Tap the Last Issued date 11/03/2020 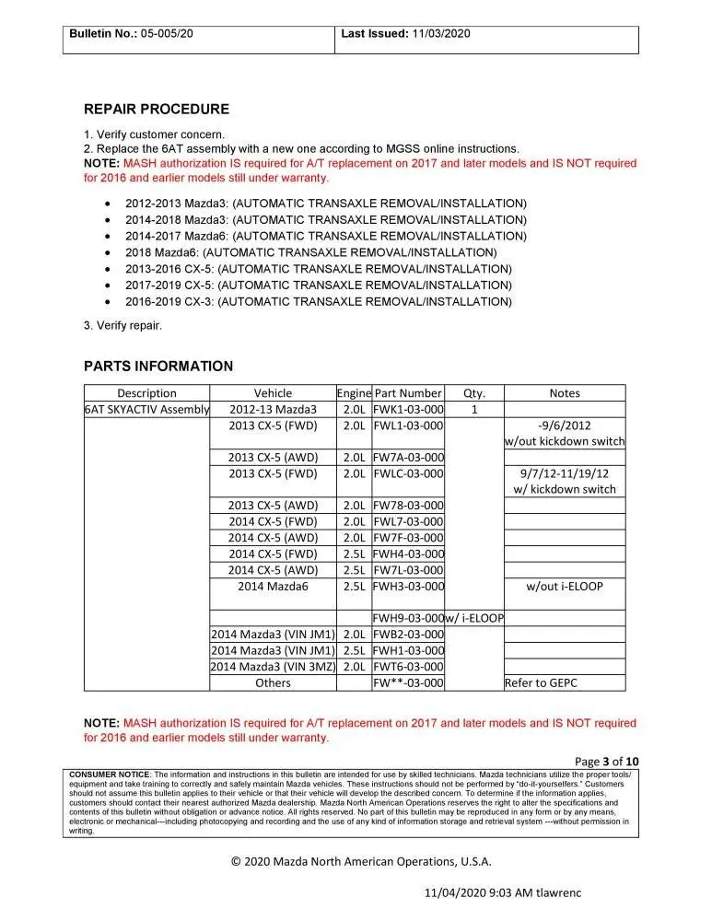click(440, 33)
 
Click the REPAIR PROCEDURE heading click(157, 110)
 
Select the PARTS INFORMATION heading click(158, 367)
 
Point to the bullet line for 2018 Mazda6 click(311, 252)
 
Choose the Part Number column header click(408, 393)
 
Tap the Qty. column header click(473, 393)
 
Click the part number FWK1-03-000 click(408, 410)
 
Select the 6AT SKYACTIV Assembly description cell click(146, 410)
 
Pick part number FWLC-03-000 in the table click(408, 474)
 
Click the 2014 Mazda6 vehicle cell click(273, 586)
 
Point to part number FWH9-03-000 click(408, 618)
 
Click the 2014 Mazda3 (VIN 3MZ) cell click(273, 667)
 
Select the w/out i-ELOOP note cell click(564, 586)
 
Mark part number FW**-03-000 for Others click(408, 682)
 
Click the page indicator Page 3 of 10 click(606, 761)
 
